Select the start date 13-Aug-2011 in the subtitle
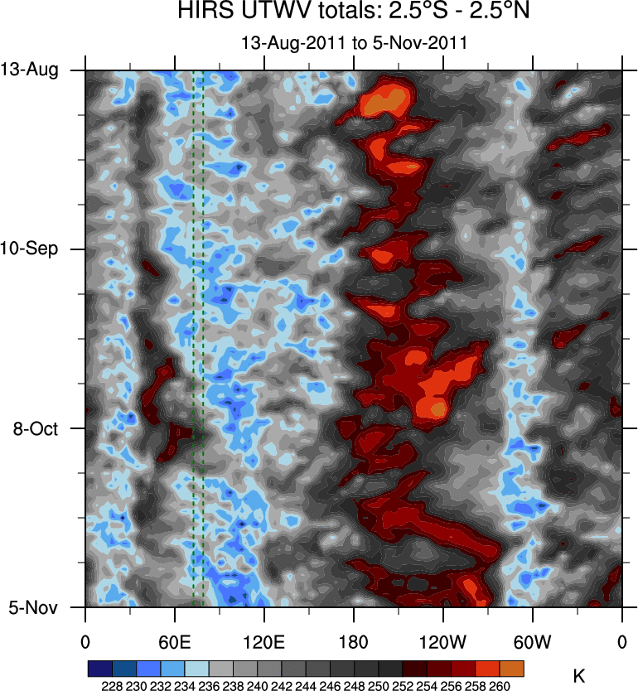coord(285,42)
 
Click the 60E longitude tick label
coord(175,641)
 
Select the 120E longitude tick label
coord(264,641)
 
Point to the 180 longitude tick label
coord(354,641)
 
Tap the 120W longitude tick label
coord(442,641)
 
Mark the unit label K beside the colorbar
coord(578,676)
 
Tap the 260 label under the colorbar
coord(500,686)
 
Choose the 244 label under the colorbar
coord(306,686)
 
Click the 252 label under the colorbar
coord(403,686)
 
